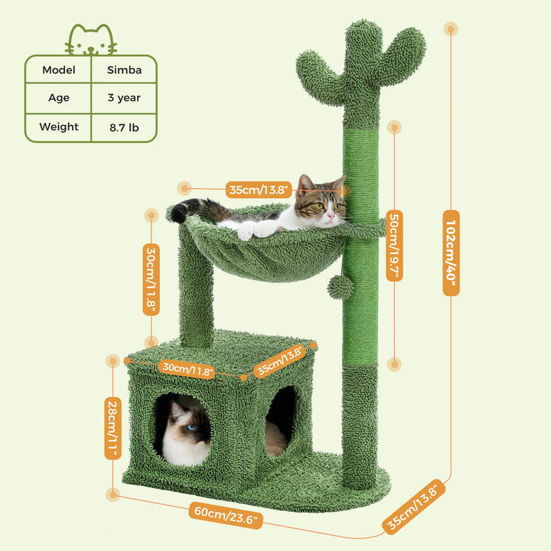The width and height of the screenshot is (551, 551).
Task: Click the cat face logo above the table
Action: click(91, 40)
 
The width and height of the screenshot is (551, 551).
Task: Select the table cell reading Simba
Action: click(123, 69)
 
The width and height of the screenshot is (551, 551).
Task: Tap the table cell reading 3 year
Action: click(123, 98)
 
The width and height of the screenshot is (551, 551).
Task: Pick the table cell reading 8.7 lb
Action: click(123, 127)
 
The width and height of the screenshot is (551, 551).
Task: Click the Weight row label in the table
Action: click(58, 127)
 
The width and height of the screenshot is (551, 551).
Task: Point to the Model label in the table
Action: click(58, 69)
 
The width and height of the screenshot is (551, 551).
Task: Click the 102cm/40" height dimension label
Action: click(452, 253)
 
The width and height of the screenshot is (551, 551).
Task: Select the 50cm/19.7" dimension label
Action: click(394, 246)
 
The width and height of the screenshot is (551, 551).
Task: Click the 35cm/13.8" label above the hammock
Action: click(258, 189)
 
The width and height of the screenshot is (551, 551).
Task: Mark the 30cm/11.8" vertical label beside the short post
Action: click(152, 279)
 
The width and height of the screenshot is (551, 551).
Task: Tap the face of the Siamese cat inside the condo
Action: click(191, 429)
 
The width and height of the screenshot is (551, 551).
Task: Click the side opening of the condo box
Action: click(281, 417)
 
